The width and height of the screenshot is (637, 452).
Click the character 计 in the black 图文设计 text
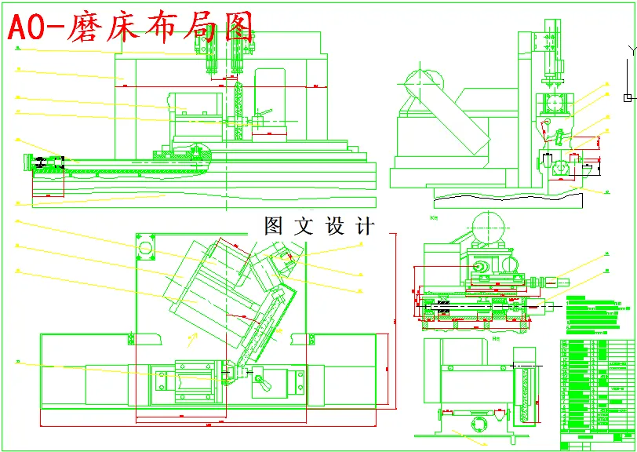(366, 227)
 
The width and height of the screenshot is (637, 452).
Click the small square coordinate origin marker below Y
(626, 97)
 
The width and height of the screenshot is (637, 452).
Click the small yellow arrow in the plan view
(190, 338)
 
